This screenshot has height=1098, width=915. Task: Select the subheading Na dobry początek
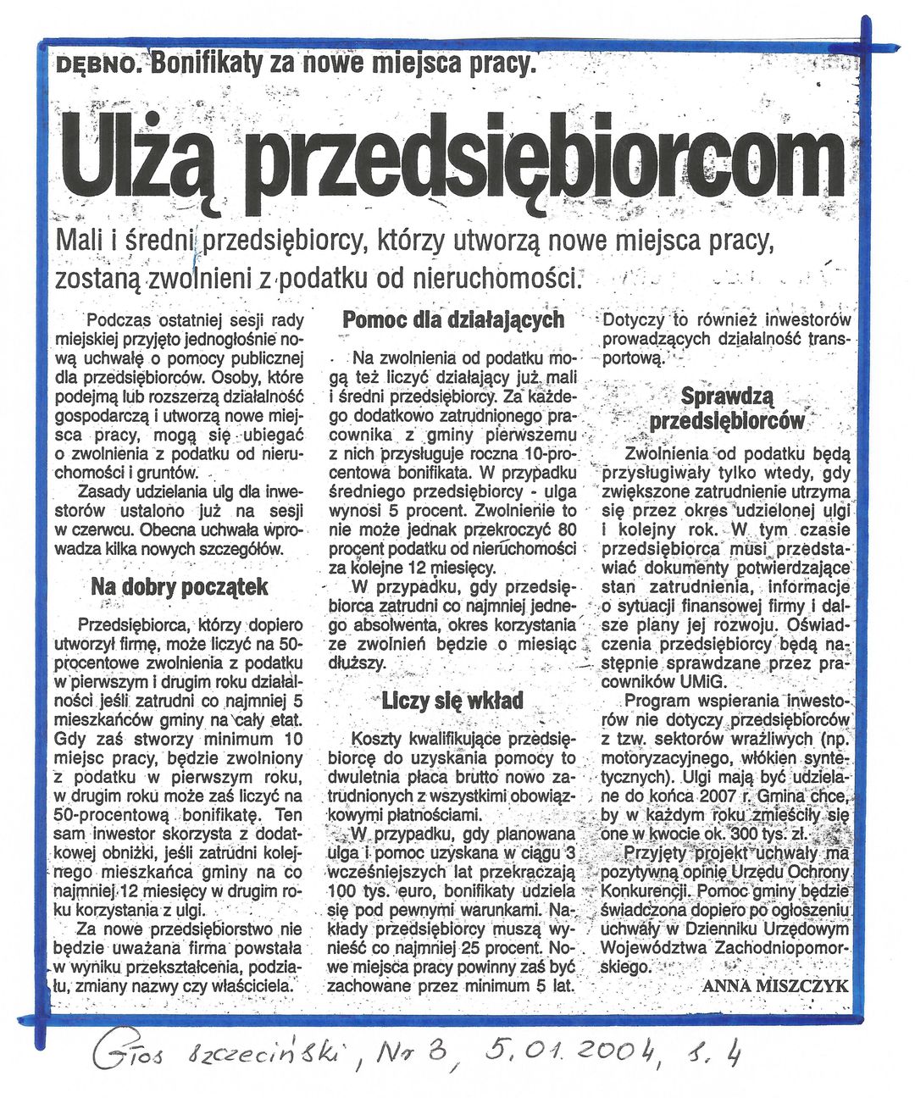(179, 586)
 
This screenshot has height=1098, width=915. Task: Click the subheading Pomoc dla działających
(452, 319)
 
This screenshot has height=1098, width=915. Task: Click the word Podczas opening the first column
(119, 319)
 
